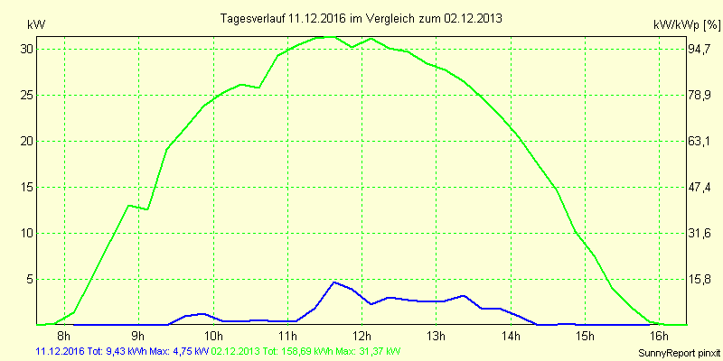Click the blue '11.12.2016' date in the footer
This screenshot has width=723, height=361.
click(60, 350)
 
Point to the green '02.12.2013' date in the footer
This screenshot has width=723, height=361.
click(235, 350)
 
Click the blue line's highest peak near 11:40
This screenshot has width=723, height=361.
click(334, 282)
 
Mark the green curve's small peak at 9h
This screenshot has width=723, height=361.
click(129, 206)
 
